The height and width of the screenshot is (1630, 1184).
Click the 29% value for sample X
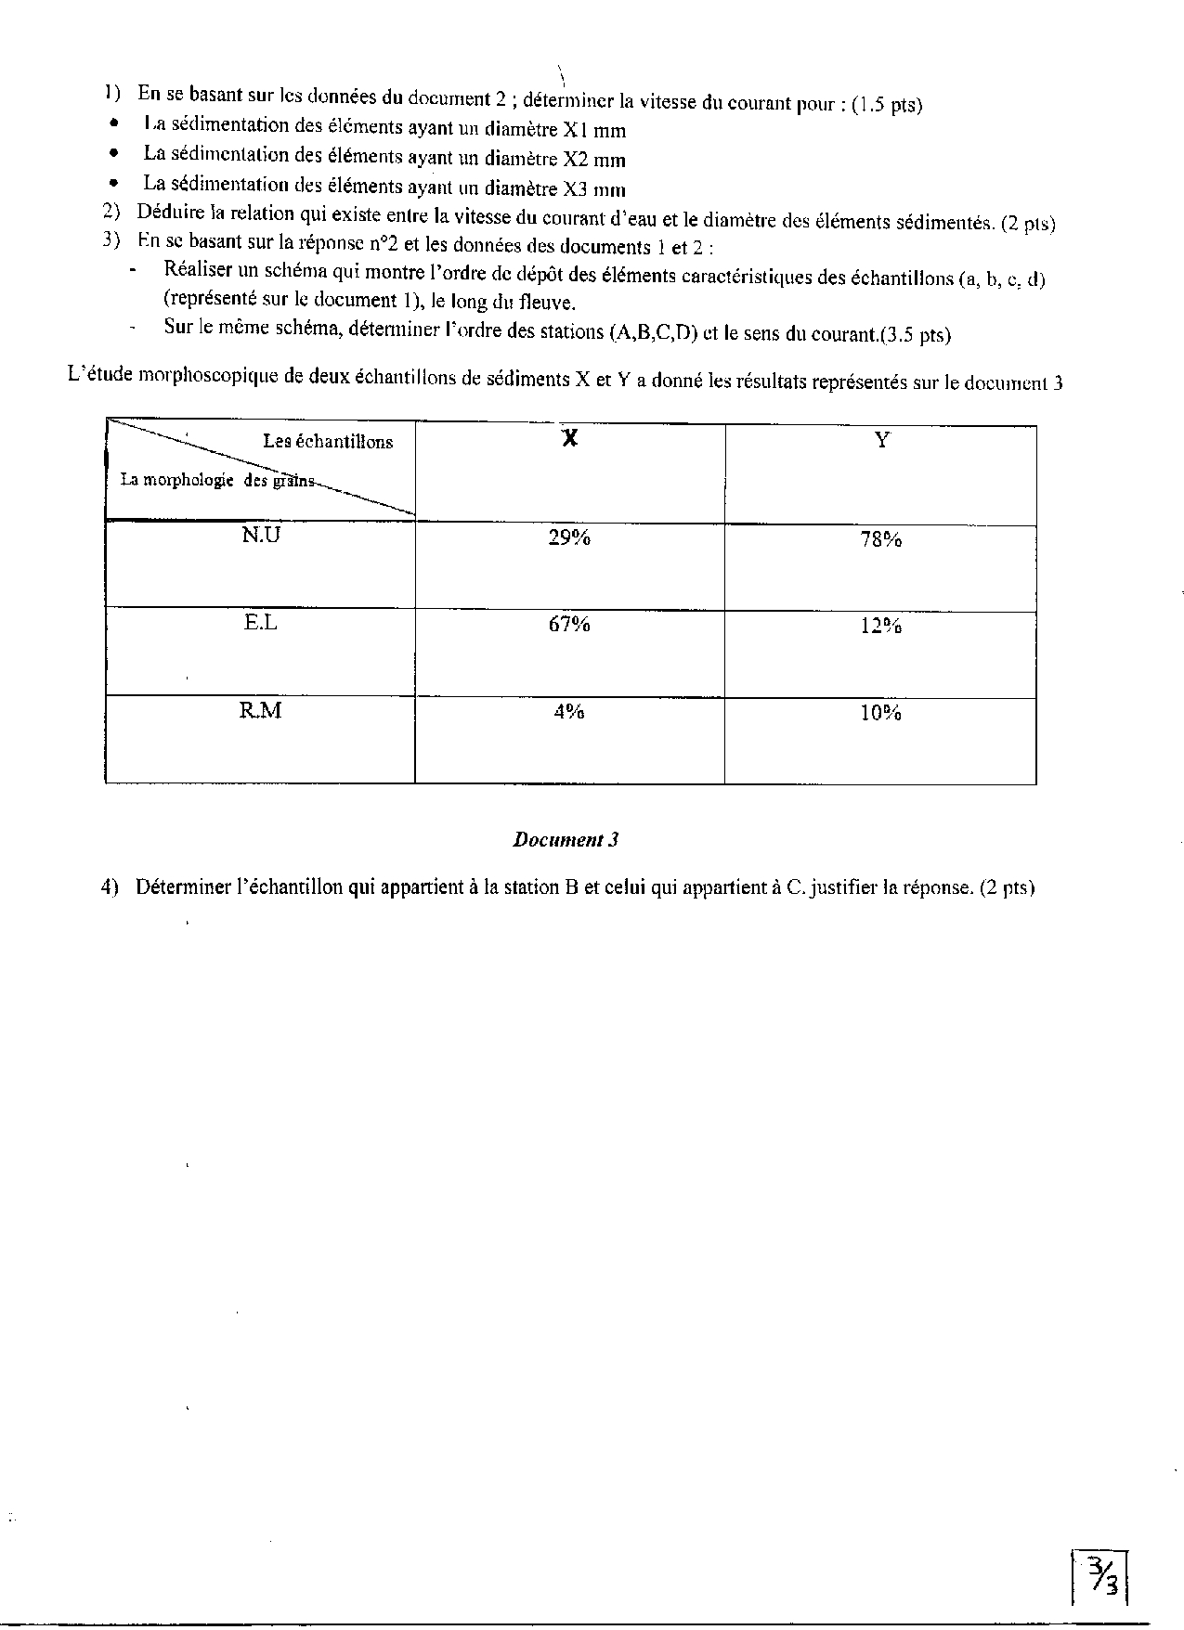point(569,538)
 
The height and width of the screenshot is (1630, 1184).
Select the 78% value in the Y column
point(880,539)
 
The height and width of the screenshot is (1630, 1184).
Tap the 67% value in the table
point(569,625)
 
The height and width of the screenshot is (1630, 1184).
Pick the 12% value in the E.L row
point(880,626)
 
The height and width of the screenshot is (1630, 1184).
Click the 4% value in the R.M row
point(569,712)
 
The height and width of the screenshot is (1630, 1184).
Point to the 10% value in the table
point(880,713)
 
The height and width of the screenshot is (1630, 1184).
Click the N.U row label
point(261,536)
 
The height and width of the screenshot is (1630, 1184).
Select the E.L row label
point(261,623)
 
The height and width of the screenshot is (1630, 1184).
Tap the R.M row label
point(261,710)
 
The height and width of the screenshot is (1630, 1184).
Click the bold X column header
point(570,439)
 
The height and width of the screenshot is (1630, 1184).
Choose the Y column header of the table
point(881,440)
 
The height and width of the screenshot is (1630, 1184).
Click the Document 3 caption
point(566,840)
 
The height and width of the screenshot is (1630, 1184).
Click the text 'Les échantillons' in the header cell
point(328,442)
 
